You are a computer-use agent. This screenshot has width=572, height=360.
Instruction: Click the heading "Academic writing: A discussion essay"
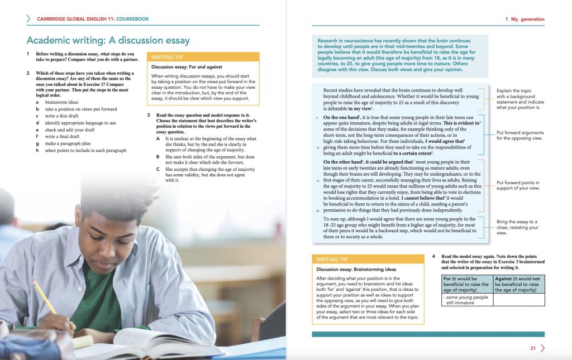pos(108,40)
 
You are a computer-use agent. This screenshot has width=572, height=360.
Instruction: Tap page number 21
pos(533,348)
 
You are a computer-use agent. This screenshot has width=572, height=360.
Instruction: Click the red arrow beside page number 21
pos(542,348)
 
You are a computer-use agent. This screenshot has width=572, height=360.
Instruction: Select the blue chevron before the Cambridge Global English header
pos(28,19)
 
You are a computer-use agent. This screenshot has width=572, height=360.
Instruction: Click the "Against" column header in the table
pos(519,284)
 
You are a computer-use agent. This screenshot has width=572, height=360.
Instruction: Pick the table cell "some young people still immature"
pos(465,300)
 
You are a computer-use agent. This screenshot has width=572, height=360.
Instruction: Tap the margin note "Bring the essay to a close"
pos(518,227)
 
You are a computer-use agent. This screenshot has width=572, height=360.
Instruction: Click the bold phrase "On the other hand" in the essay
pos(343,162)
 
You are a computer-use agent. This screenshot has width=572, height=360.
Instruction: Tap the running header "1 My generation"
pos(525,19)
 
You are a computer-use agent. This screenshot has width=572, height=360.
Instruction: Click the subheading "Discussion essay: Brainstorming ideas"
pos(356,270)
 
